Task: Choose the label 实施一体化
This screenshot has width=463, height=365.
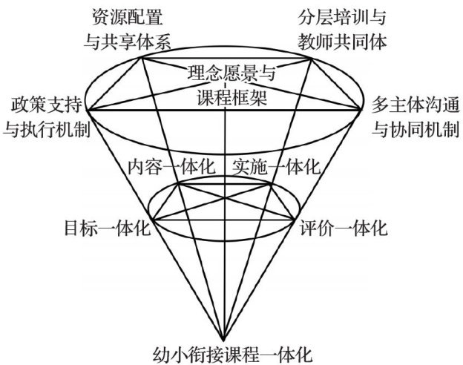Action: [x=276, y=166]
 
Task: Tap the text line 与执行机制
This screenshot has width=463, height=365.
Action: [x=45, y=128]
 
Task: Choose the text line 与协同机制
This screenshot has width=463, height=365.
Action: [x=413, y=128]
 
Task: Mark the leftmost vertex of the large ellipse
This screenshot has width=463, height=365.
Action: [x=91, y=110]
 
